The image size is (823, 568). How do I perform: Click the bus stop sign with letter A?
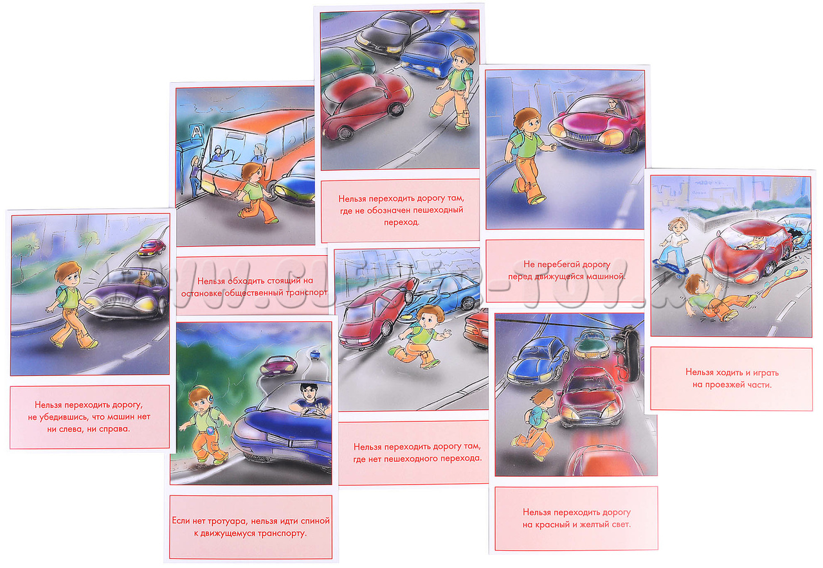point(196,131)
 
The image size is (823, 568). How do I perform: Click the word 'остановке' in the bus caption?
point(201,294)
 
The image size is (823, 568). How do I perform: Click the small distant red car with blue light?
point(151,247)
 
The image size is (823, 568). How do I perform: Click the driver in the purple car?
point(143,278)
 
